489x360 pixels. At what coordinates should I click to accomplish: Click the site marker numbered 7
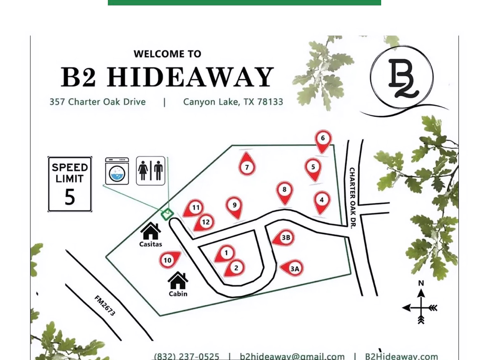[247, 167]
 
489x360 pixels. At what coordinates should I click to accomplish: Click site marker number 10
[168, 260]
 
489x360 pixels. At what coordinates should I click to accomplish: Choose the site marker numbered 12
[205, 222]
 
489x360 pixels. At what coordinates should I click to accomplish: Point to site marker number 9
[234, 206]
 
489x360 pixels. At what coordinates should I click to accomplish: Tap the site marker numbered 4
[321, 201]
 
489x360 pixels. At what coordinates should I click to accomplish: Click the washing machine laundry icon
[117, 171]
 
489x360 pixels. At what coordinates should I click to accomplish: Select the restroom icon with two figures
[150, 171]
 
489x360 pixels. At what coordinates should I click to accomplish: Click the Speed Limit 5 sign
[70, 184]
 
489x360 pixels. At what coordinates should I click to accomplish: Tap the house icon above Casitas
[150, 231]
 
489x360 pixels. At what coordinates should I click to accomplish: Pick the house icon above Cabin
[178, 280]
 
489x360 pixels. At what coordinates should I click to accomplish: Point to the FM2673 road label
[105, 306]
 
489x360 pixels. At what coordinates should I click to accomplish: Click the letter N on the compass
[421, 283]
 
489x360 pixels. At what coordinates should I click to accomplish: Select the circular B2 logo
[402, 78]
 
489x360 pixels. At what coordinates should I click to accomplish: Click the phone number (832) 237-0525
[186, 356]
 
